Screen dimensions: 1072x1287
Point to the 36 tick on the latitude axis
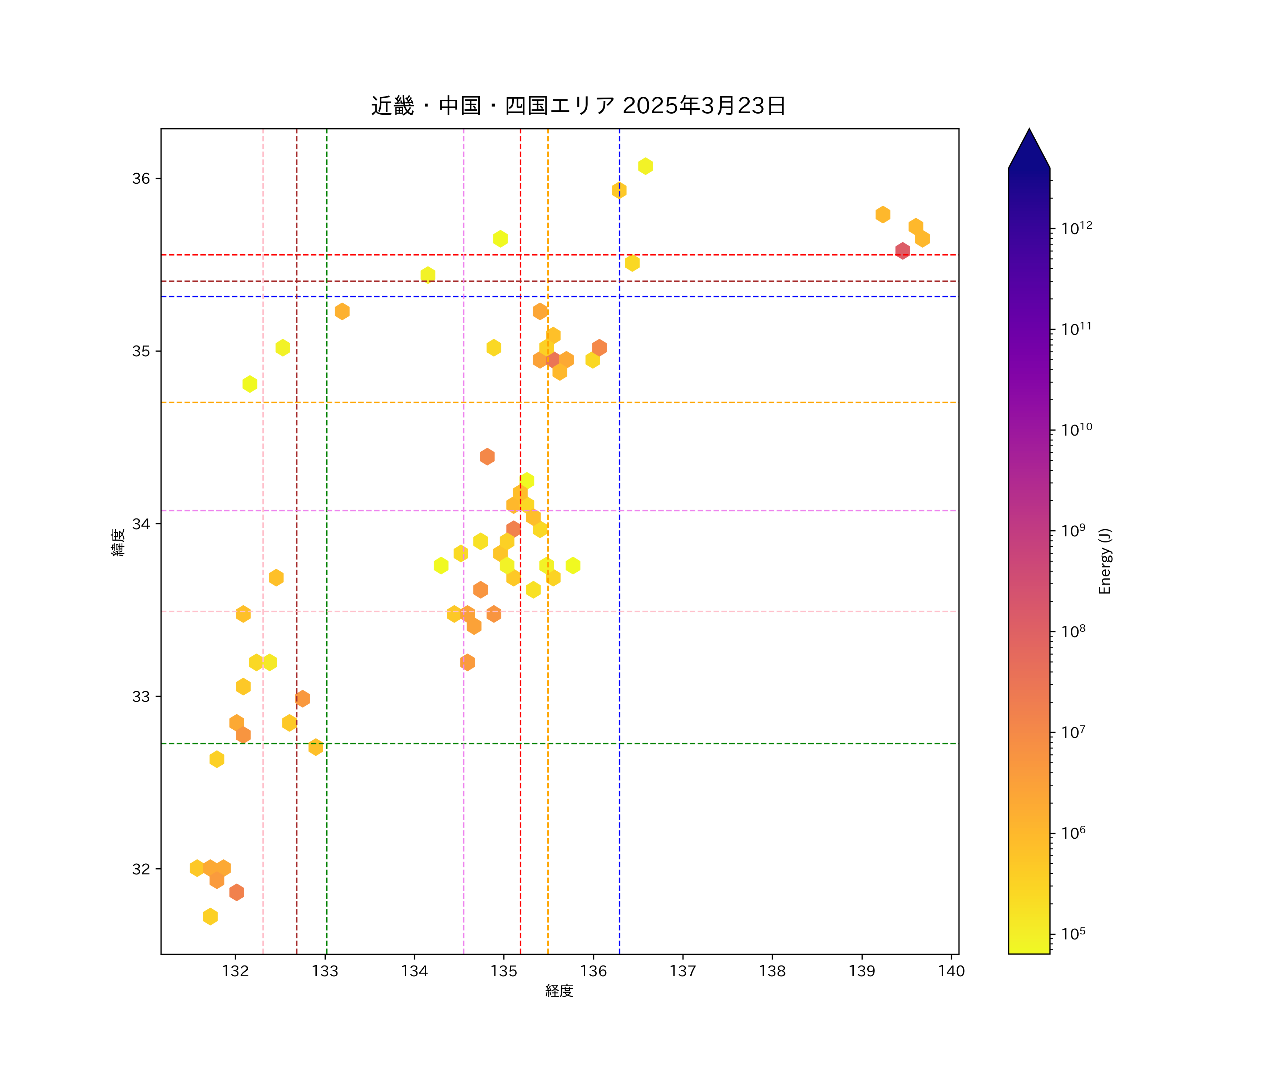141,178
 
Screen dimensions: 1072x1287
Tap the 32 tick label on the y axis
141,869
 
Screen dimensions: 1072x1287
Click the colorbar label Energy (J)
1104,561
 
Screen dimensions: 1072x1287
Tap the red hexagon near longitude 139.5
902,250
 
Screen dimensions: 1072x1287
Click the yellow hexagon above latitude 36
645,166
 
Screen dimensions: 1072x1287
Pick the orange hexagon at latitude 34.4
487,456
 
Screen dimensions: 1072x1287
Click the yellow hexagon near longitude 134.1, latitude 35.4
428,274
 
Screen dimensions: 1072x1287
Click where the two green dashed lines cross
327,744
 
